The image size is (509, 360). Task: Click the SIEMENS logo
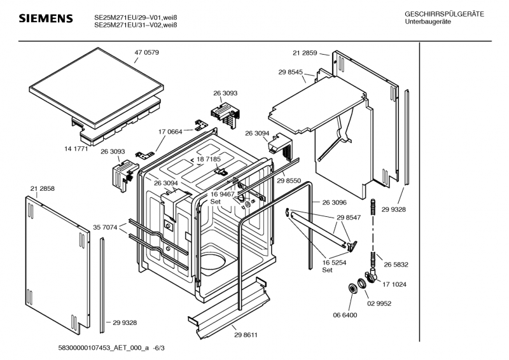[46, 18]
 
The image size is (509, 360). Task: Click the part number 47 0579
[147, 53]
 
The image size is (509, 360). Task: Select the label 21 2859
[305, 53]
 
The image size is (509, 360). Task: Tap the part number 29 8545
[291, 72]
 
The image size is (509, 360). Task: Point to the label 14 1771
[76, 149]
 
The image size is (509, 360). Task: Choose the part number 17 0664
[171, 132]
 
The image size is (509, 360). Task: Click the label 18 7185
[209, 159]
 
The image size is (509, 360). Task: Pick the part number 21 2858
[43, 189]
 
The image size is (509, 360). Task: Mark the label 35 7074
[105, 228]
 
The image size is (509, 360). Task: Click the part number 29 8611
[246, 335]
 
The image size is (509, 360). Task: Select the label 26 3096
[335, 202]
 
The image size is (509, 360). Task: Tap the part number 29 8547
[349, 218]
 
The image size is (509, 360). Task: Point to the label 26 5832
[396, 265]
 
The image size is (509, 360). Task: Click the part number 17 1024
[394, 285]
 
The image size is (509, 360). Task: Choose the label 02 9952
[379, 304]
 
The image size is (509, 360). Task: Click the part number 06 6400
[345, 315]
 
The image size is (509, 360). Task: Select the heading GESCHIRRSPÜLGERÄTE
[444, 14]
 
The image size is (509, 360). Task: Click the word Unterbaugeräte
[428, 22]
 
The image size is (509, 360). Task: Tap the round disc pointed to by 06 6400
[352, 289]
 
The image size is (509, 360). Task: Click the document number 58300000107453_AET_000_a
[104, 348]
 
